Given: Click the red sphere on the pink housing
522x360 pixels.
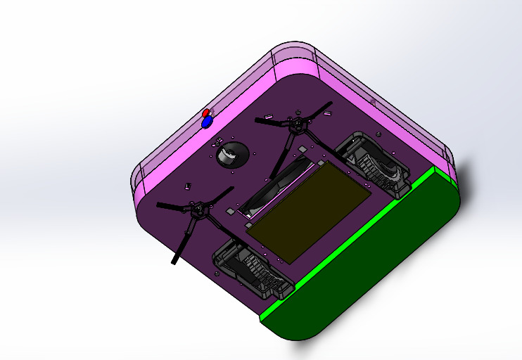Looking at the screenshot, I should (205, 113).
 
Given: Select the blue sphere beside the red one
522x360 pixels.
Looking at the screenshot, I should (207, 122).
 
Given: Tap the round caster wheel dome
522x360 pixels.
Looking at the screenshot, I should (231, 154).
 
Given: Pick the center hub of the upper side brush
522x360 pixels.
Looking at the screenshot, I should (297, 126).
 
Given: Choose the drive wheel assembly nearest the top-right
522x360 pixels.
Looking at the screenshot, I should (373, 162).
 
